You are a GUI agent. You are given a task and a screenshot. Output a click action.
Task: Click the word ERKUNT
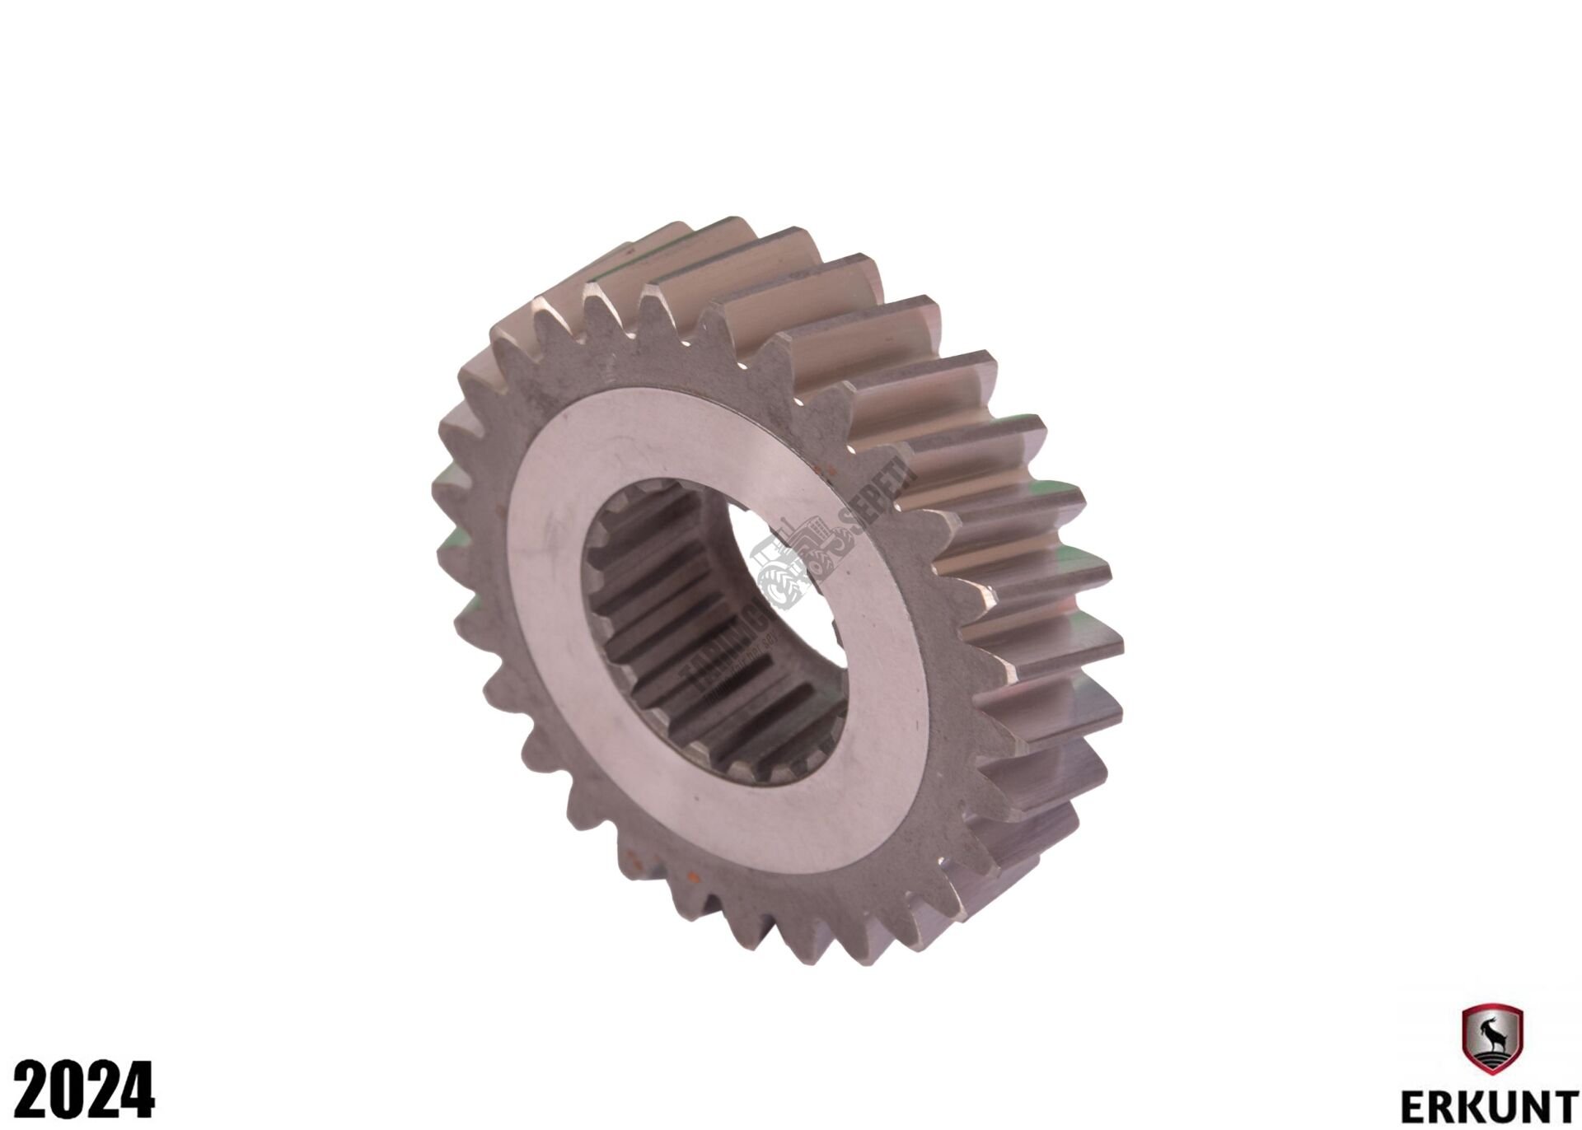point(1492,1104)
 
